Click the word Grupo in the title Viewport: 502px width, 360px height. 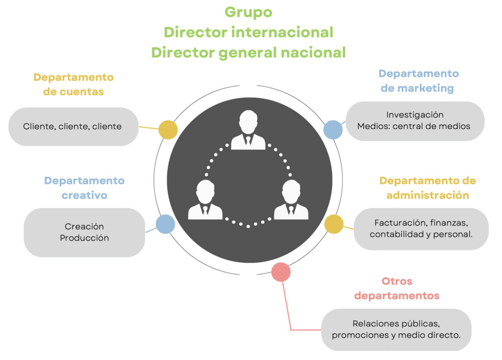pos(248,12)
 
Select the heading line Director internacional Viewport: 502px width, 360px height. pos(248,32)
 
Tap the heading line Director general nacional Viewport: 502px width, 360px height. pos(248,52)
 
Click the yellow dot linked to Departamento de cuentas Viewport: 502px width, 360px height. pos(168,130)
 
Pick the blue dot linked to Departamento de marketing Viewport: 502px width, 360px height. pos(333,130)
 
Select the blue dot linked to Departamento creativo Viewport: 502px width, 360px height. pos(165,224)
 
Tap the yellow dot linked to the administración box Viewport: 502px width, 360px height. pos(334,224)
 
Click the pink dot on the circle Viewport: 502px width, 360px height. pos(281,272)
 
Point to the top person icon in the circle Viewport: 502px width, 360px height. pos(248,130)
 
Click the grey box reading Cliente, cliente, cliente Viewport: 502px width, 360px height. pos(73,126)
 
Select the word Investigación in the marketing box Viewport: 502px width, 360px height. pos(414,115)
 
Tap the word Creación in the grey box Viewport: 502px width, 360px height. pos(84,226)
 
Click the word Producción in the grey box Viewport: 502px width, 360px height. pos(84,238)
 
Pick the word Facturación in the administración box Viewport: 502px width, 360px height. pos(395,223)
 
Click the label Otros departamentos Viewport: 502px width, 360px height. pos(397,288)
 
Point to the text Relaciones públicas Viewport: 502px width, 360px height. pos(396,323)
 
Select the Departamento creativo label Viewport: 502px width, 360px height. pos(84,188)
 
